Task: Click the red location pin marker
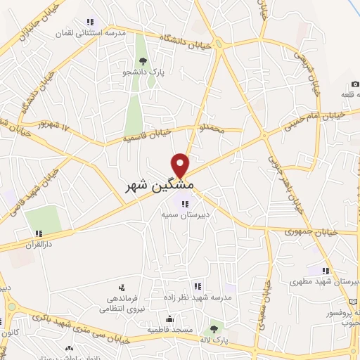click(x=181, y=164)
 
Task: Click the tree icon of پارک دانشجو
click(x=143, y=61)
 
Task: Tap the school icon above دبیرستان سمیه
click(x=185, y=202)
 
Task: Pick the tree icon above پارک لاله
click(x=214, y=328)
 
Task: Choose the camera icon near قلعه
click(x=356, y=84)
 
